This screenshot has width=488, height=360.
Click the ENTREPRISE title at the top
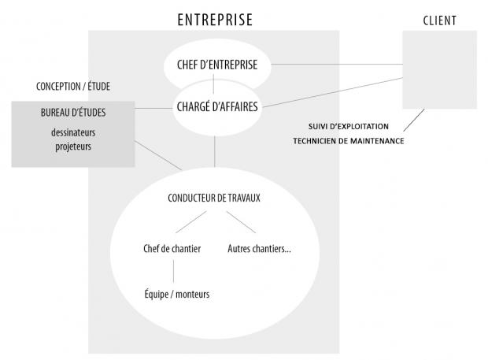(x=214, y=18)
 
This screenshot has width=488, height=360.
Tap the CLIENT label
(x=439, y=20)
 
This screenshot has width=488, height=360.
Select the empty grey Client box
(x=439, y=69)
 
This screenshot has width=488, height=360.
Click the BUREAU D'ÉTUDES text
(x=72, y=113)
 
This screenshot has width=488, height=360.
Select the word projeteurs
(x=72, y=146)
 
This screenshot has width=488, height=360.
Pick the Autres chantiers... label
(x=259, y=249)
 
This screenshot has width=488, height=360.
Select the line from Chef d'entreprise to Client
(x=337, y=64)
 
